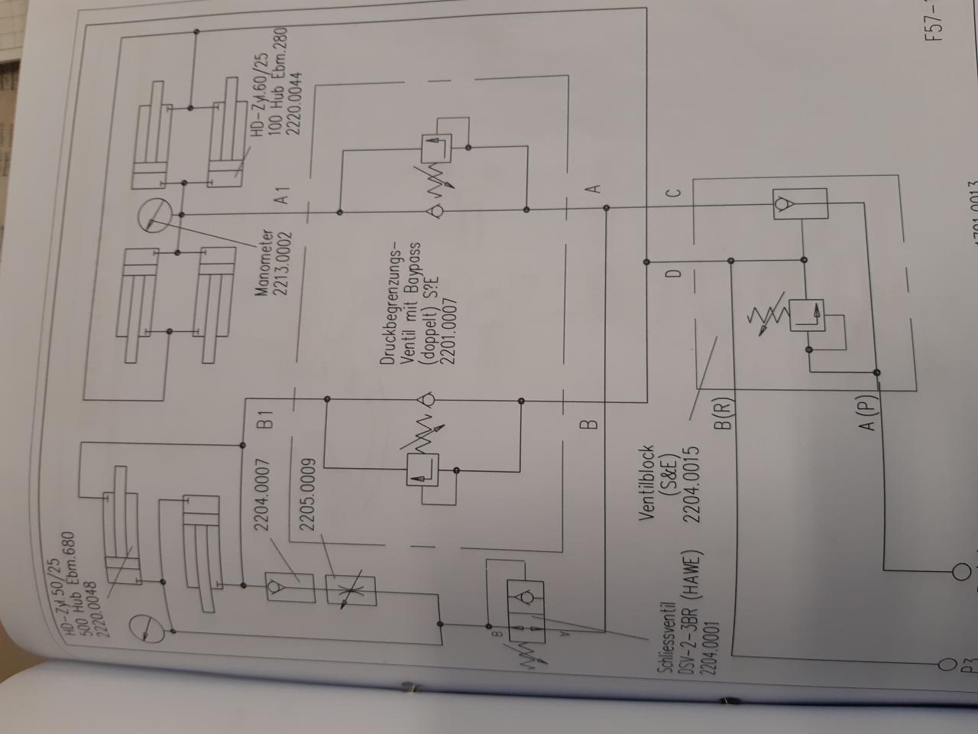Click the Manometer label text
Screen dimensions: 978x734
264,263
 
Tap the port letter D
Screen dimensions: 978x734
673,274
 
